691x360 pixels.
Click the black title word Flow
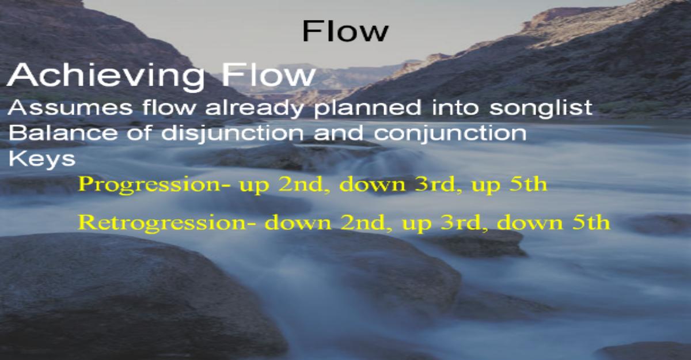[x=345, y=31]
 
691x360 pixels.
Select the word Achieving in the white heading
[x=106, y=75]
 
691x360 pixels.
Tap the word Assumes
[x=70, y=107]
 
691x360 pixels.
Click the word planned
[x=367, y=108]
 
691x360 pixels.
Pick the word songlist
[x=541, y=108]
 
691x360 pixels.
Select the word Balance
[x=63, y=132]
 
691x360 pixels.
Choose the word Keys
[x=42, y=159]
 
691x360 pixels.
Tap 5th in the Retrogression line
[x=591, y=222]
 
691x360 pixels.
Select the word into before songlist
[x=455, y=107]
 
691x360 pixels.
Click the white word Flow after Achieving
[x=268, y=75]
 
